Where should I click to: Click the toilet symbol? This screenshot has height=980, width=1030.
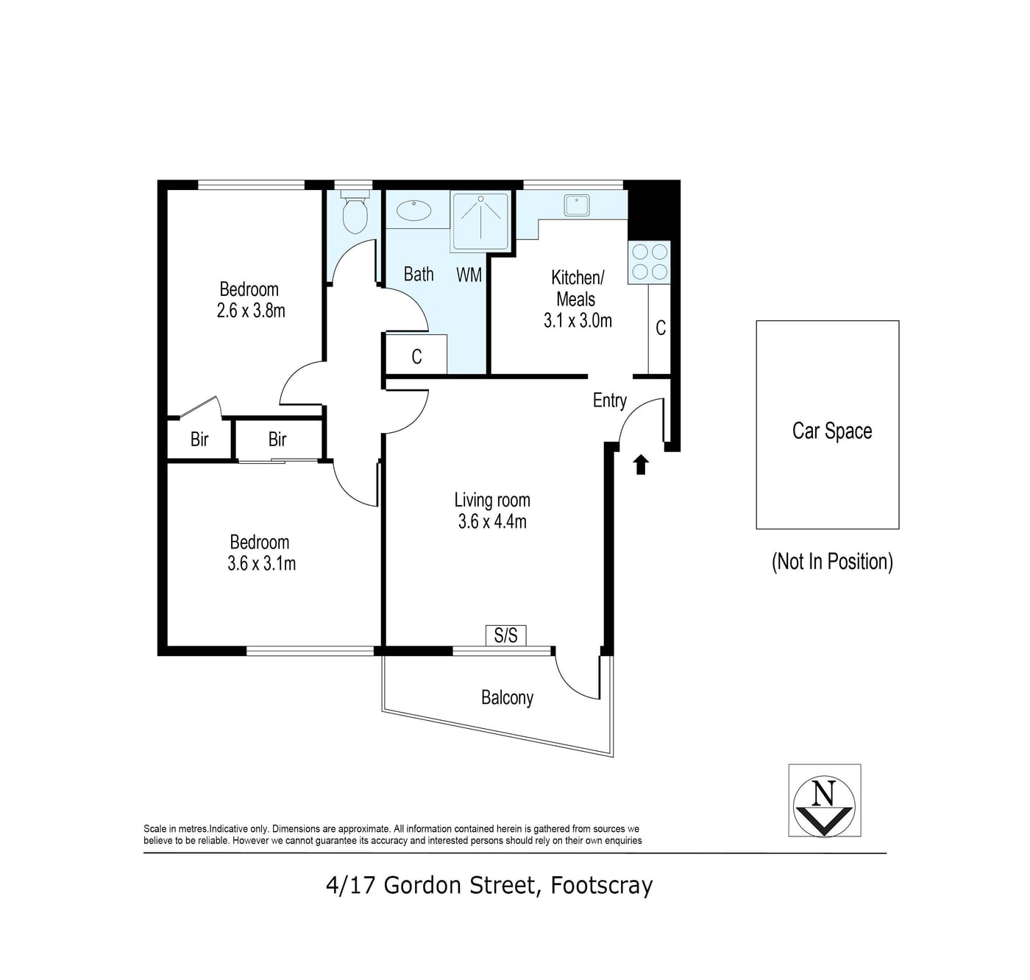[355, 211]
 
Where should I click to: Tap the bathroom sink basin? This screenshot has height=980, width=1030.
[414, 211]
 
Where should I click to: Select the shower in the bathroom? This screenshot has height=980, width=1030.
[480, 222]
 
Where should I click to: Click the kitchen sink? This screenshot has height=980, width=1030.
[577, 205]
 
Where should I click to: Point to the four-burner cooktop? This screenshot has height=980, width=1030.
[649, 262]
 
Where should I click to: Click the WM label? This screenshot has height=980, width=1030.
[469, 274]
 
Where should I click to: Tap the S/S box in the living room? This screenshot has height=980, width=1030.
[505, 635]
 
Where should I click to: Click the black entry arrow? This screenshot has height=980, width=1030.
[641, 465]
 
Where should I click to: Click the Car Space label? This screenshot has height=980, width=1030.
[832, 431]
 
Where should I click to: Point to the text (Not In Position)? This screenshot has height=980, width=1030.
[832, 562]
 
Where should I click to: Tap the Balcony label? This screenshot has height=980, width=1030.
[507, 698]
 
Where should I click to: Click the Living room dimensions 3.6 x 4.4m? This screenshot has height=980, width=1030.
[492, 522]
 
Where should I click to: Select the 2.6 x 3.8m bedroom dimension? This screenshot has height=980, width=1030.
[251, 311]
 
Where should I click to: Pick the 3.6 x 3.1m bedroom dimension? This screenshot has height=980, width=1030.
[261, 564]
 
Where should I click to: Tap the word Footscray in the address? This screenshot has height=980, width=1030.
[601, 886]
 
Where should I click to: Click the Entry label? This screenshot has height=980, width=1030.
[610, 401]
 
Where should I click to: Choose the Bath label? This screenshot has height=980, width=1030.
[419, 274]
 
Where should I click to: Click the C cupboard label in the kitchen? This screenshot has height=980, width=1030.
[661, 328]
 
